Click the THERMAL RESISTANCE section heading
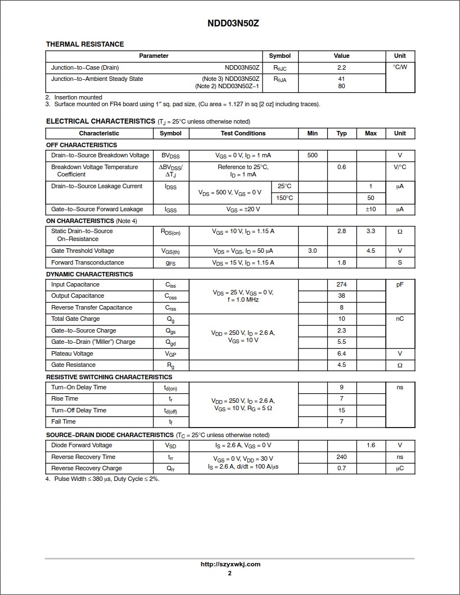click(85, 44)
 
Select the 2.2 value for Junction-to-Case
click(341, 67)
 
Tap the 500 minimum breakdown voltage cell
click(312, 155)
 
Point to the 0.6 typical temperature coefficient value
click(341, 167)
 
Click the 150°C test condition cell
click(285, 198)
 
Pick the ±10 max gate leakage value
click(371, 210)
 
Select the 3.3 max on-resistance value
click(371, 231)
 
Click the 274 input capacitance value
click(341, 285)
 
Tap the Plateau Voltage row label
click(72, 354)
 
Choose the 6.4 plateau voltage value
click(341, 354)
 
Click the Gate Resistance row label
click(73, 365)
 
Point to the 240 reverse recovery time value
click(341, 457)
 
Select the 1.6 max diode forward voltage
click(371, 446)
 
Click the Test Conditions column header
click(243, 134)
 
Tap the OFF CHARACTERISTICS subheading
click(82, 145)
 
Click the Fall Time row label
click(63, 422)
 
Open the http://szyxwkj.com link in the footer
click(230, 565)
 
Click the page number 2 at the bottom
click(229, 574)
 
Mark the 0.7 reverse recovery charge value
click(341, 469)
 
